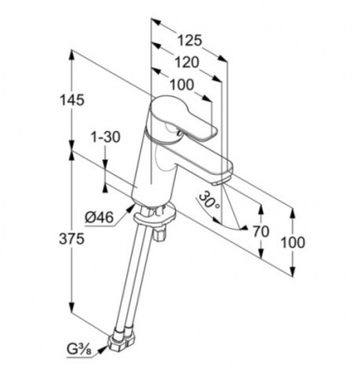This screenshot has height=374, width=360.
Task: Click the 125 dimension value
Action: (190, 40)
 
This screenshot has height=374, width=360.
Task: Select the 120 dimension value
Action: (186, 63)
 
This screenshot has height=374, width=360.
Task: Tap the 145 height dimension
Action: (72, 100)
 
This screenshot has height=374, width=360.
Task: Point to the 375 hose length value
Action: (72, 239)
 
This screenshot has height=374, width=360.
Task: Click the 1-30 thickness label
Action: (105, 137)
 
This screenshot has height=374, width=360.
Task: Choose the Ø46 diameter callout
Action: (99, 217)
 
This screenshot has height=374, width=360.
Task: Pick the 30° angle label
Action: (209, 200)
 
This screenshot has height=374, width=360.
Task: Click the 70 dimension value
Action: (261, 232)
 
